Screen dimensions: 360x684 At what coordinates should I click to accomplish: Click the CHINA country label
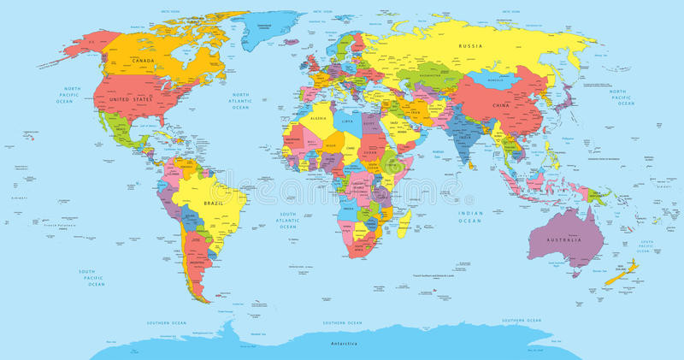pos(502,104)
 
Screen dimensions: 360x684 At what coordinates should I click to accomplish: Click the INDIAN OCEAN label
pos(470,216)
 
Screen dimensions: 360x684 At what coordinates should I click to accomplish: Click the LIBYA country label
pos(346,121)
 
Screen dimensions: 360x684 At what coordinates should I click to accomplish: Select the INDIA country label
pos(464,136)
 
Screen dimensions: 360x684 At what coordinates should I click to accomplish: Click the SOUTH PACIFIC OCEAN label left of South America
pos(91,276)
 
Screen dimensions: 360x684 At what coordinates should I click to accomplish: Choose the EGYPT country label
pos(370,125)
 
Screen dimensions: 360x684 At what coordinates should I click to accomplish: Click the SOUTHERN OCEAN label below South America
pos(167,322)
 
